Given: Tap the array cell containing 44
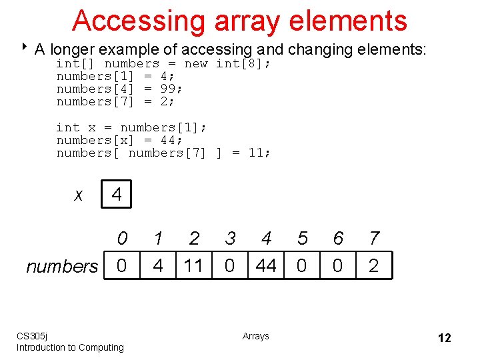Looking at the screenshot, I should click(266, 266).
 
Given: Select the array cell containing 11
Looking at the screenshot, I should click(193, 266).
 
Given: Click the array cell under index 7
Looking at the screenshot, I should click(373, 266).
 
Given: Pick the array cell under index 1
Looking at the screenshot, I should click(157, 266).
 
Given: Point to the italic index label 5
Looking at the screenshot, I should click(302, 238).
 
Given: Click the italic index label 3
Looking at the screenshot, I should click(230, 238).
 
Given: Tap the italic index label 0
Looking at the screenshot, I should click(121, 238).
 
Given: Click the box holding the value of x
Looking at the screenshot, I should click(117, 195).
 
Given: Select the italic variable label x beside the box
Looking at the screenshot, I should click(79, 195).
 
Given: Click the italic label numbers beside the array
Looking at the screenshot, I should click(62, 267).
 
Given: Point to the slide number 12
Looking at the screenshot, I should click(444, 338).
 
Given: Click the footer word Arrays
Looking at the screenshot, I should click(256, 336).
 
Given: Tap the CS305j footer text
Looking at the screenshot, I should click(31, 336).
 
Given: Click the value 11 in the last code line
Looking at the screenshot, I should click(256, 153).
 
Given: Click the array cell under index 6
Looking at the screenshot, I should click(337, 266).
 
